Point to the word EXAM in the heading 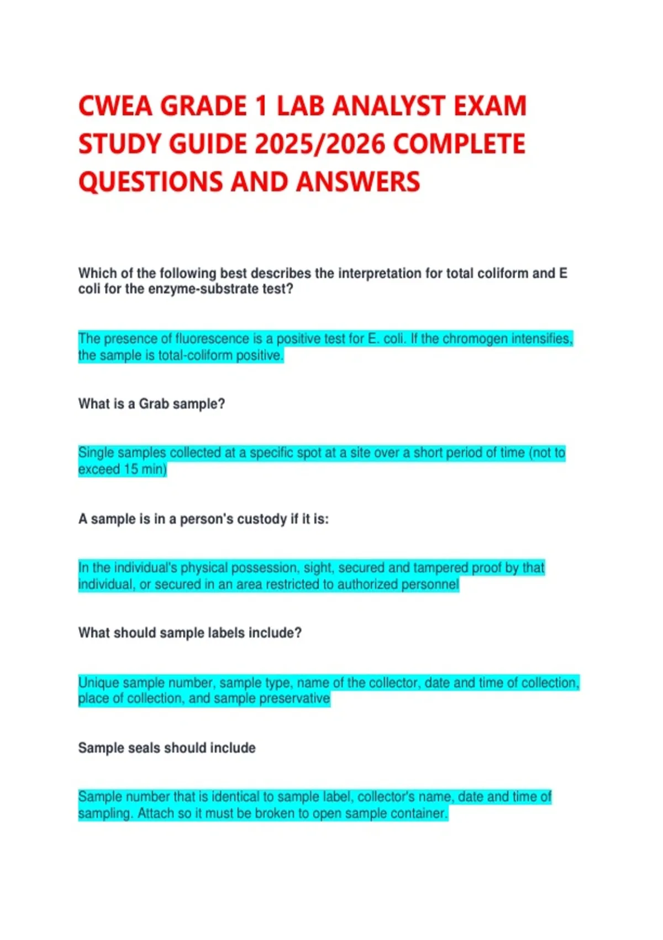tap(490, 106)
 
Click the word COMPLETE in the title tap(460, 144)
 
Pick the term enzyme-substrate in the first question tap(194, 289)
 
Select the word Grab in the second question tap(154, 404)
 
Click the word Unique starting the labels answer tap(99, 683)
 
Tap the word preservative tap(294, 699)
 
